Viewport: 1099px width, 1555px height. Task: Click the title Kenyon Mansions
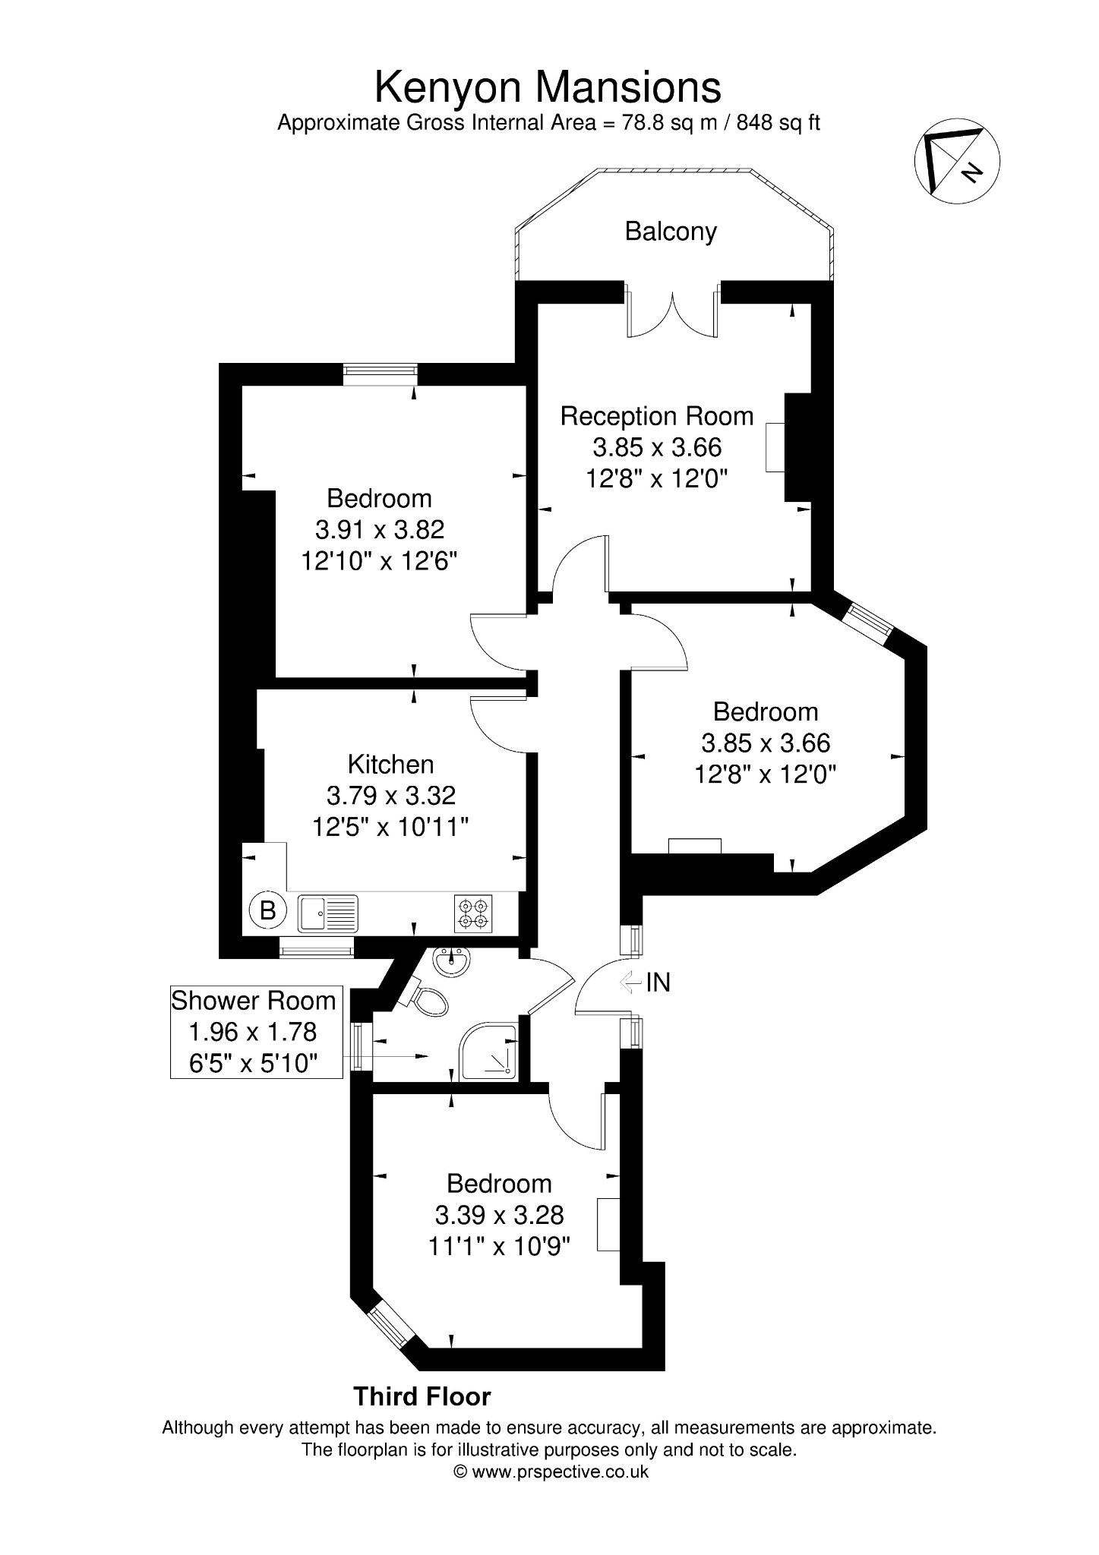[548, 87]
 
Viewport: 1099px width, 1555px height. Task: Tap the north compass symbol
[957, 161]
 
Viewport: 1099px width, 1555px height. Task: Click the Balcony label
[671, 231]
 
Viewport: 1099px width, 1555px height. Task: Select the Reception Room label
[657, 416]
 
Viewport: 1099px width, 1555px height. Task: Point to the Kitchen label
[391, 764]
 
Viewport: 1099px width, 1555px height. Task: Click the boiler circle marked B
[268, 910]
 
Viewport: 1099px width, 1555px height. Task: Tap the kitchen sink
[327, 913]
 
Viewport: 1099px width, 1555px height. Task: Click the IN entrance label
[658, 983]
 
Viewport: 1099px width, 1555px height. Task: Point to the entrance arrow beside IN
[630, 983]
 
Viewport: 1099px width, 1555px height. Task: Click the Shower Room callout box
[257, 1032]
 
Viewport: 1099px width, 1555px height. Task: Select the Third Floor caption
[422, 1396]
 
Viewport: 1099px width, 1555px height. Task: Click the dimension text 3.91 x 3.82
[380, 529]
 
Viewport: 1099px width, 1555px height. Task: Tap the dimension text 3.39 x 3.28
[499, 1215]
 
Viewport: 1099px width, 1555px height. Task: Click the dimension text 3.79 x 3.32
[391, 796]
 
